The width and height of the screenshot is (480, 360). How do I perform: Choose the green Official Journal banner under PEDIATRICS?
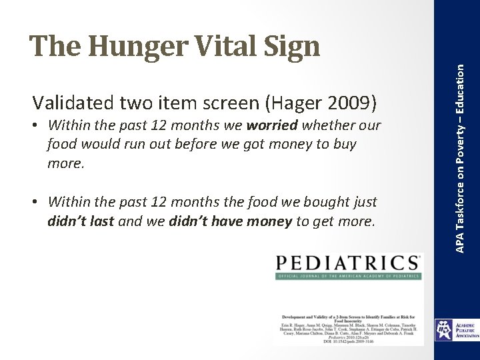point(348,276)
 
